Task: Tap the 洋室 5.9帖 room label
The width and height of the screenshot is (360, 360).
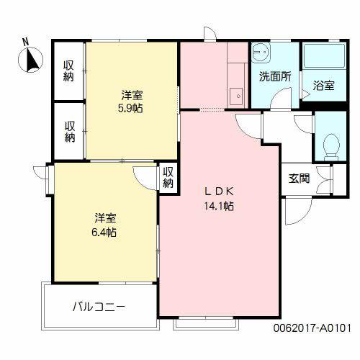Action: coord(131,102)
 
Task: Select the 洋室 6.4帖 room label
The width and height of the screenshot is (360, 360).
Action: coord(105,225)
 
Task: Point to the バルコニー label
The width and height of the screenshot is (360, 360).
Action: coord(99,306)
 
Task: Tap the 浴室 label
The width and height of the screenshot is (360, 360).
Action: coord(323,86)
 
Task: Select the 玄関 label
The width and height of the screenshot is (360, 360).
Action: coord(300,179)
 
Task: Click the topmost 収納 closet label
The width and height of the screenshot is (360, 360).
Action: coord(69,72)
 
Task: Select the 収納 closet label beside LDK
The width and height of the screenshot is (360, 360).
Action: coord(168,177)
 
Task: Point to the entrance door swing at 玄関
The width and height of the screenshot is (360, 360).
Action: coord(294,210)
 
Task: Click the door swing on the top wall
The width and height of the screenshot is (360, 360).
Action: coord(210,35)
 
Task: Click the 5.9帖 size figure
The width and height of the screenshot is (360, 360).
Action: coord(131,109)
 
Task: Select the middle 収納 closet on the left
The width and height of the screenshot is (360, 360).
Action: coord(69,132)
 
